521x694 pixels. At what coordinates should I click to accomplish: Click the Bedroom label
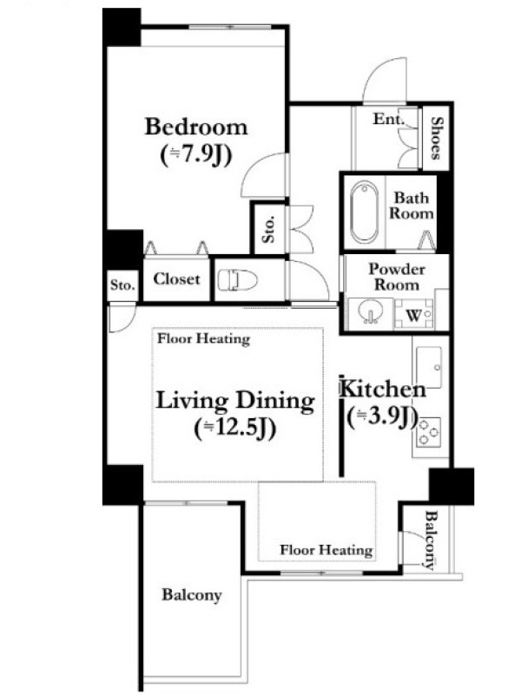(x=196, y=127)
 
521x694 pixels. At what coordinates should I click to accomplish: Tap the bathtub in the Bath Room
(x=365, y=212)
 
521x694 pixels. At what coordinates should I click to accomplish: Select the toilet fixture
(x=238, y=280)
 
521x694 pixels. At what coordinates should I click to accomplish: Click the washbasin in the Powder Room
(x=369, y=312)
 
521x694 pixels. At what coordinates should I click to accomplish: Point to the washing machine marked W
(x=414, y=314)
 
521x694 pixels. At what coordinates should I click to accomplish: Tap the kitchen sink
(x=429, y=368)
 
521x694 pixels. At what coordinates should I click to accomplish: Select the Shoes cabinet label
(x=437, y=138)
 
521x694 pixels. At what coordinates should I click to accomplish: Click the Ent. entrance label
(x=388, y=119)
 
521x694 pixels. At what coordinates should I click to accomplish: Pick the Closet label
(x=176, y=278)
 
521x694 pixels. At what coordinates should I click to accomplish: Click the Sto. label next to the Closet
(x=122, y=285)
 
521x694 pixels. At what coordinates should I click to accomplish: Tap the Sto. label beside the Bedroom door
(x=268, y=229)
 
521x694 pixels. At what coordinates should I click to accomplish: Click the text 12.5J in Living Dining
(x=235, y=429)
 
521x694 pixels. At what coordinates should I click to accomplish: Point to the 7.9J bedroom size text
(x=196, y=156)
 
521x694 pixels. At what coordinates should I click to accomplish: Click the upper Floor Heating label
(x=204, y=339)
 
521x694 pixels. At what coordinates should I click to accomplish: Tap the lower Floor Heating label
(x=326, y=550)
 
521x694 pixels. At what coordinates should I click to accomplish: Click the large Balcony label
(x=191, y=595)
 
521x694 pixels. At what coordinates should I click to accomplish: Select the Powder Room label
(x=397, y=277)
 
